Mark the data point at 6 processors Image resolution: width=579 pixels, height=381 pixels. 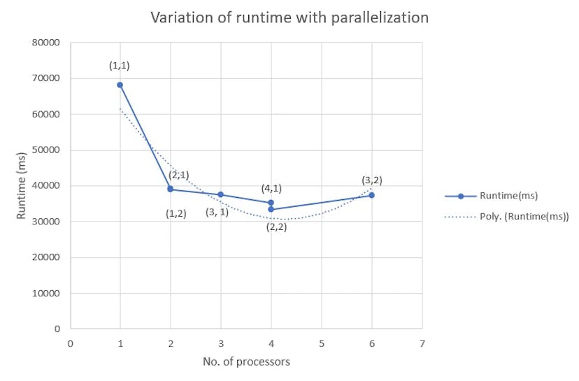371,195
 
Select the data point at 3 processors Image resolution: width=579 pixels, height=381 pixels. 221,194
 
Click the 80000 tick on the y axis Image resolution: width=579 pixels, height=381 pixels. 46,43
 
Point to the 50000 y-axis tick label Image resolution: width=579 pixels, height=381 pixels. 46,150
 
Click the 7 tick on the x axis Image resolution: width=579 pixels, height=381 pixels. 422,343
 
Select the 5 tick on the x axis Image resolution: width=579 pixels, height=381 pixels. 322,343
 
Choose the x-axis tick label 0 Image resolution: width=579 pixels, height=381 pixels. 70,343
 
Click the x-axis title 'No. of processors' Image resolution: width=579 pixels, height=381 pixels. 246,362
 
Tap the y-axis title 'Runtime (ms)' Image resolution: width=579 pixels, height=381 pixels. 22,186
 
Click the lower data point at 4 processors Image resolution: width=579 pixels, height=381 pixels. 271,209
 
